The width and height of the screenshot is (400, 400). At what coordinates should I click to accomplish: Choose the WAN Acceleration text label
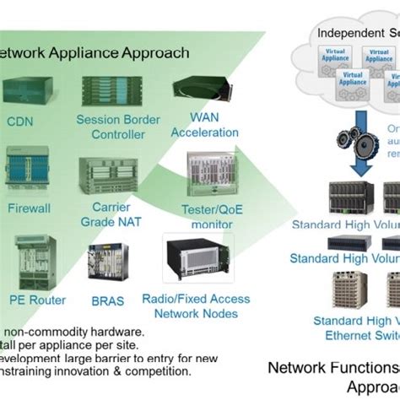coord(196,127)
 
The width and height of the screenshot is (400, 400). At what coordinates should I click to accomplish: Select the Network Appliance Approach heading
coord(93,53)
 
